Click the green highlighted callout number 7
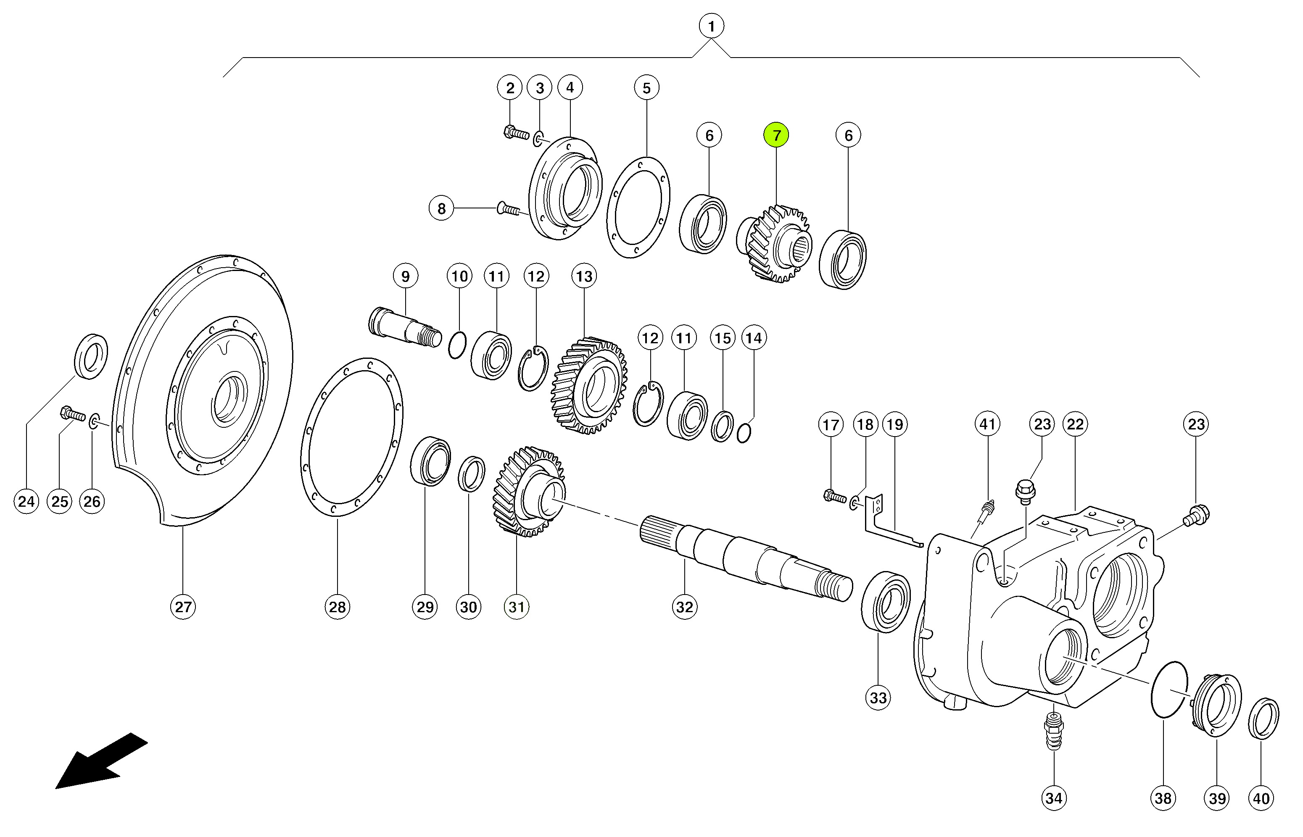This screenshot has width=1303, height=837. pyautogui.click(x=776, y=135)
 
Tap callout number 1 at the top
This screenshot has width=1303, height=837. pyautogui.click(x=711, y=26)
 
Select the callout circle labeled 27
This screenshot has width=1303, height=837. pyautogui.click(x=183, y=607)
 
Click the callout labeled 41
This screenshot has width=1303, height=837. pyautogui.click(x=987, y=424)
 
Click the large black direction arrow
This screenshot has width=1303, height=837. pyautogui.click(x=101, y=761)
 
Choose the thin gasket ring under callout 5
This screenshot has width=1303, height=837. pyautogui.click(x=638, y=207)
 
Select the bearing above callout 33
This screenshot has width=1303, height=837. pyautogui.click(x=886, y=602)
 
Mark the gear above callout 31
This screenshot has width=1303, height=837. pyautogui.click(x=528, y=492)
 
